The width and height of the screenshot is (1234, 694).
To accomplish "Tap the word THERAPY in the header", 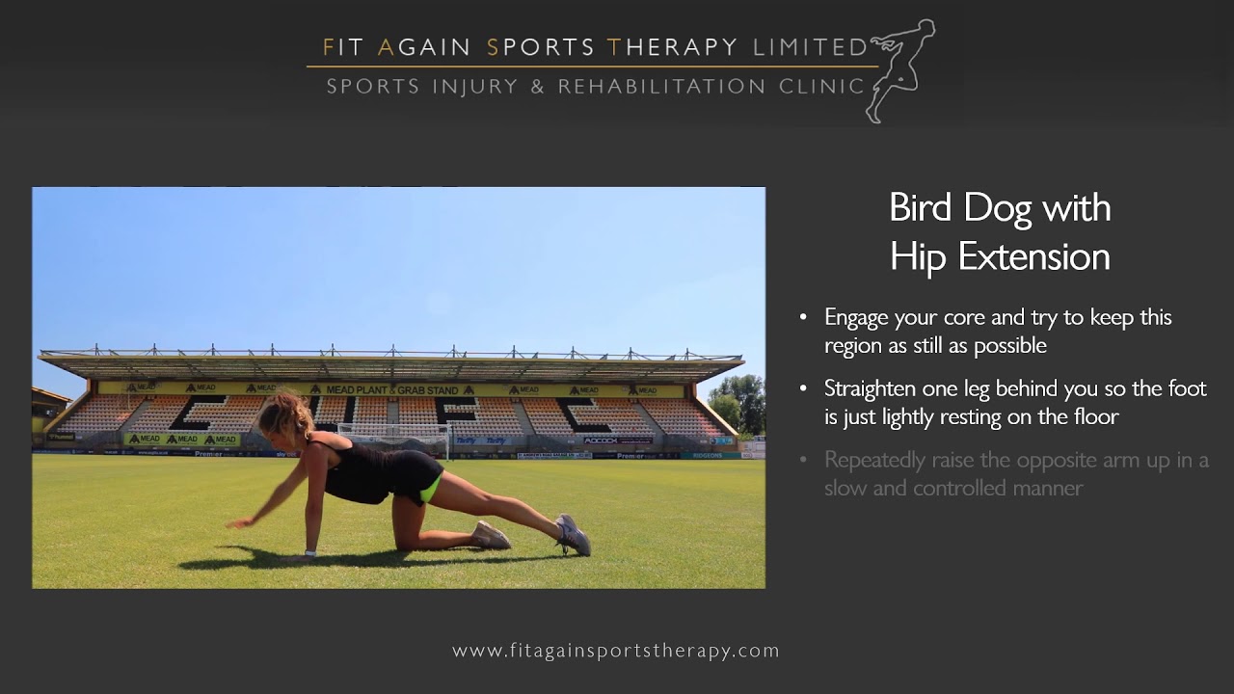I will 672,47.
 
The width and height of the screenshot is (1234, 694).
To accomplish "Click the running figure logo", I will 900,69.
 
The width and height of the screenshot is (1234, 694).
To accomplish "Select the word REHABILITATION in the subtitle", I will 662,87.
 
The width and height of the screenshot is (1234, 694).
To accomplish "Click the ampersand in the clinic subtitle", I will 537,87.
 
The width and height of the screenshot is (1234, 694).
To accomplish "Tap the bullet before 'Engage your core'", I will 804,317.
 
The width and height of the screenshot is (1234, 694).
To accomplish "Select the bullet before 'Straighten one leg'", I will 804,388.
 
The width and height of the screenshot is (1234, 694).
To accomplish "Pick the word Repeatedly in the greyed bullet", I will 874,460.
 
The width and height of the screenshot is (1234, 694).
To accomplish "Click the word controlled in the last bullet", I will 965,488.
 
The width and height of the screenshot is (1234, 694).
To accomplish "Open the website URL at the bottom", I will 616,651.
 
